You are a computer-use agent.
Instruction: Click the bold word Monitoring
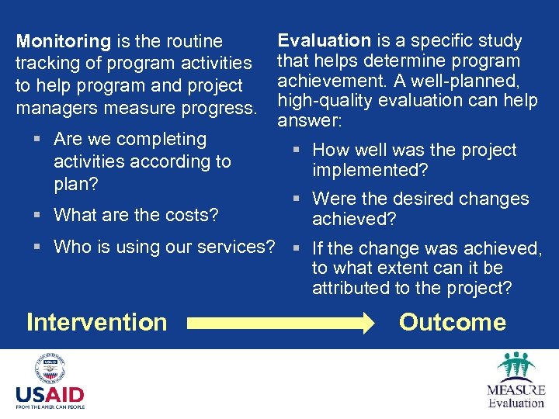tap(64, 41)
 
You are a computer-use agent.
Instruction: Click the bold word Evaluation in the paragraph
tap(325, 40)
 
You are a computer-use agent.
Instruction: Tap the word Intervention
tap(96, 322)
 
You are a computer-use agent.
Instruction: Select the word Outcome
tap(452, 322)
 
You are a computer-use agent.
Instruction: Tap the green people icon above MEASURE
tap(516, 365)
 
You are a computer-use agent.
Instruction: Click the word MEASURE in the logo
tap(516, 390)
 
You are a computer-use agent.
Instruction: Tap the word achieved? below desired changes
tap(354, 220)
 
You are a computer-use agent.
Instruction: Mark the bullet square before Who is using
tap(38, 247)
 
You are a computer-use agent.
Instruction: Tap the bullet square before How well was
tap(297, 150)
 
